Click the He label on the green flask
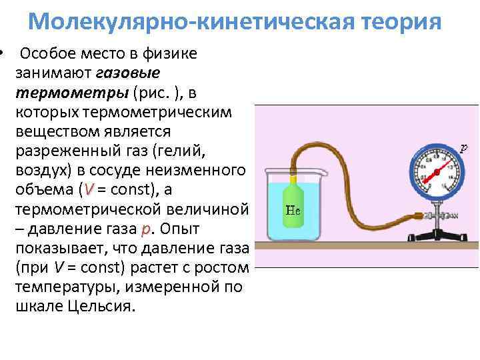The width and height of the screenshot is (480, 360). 294,208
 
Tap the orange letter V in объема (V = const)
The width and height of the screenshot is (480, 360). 84,189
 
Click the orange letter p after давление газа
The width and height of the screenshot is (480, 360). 145,229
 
